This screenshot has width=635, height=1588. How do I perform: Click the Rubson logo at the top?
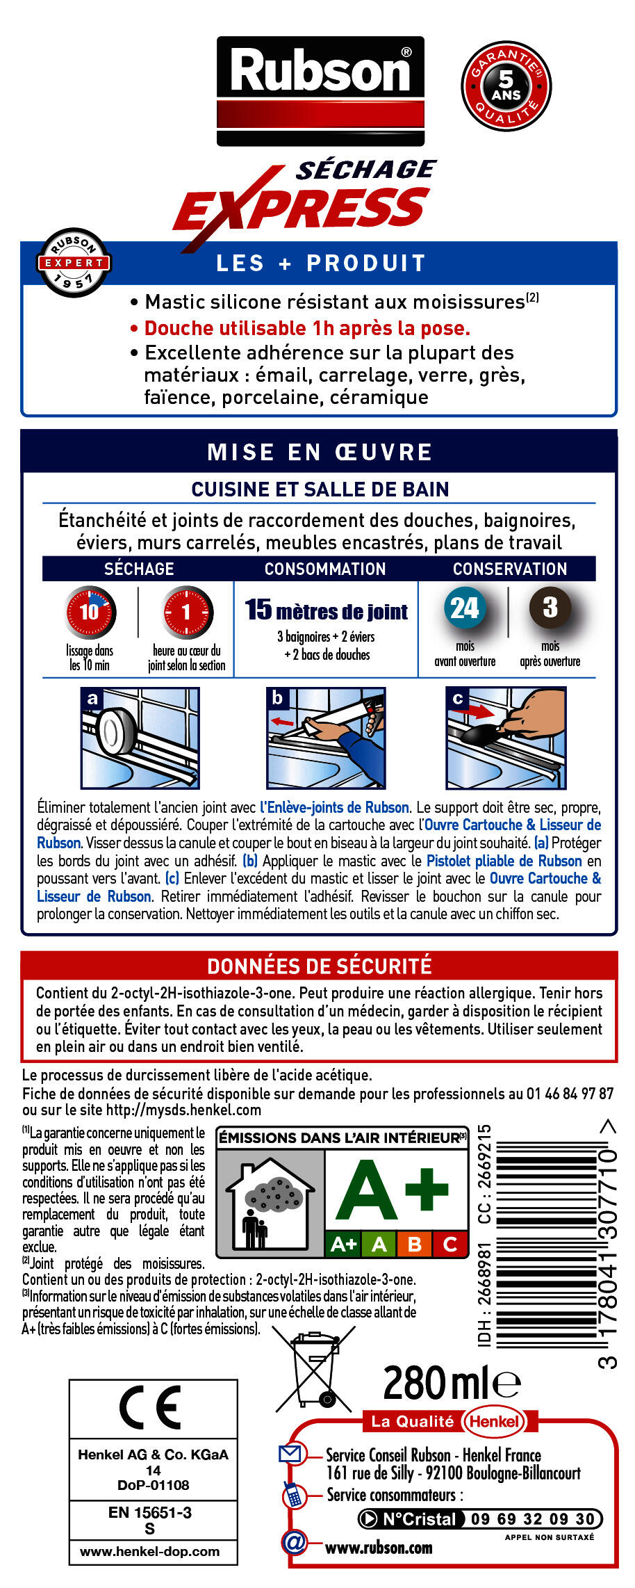pyautogui.click(x=320, y=90)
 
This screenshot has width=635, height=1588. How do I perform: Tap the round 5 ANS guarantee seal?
pyautogui.click(x=506, y=86)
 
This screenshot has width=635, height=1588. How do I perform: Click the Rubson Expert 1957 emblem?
pyautogui.click(x=74, y=263)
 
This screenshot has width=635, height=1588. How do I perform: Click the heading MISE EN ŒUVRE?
pyautogui.click(x=320, y=452)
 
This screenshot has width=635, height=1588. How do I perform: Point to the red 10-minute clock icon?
pyautogui.click(x=90, y=612)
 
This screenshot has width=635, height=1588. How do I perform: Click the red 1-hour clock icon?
pyautogui.click(x=187, y=612)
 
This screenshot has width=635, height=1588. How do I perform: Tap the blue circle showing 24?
pyautogui.click(x=465, y=608)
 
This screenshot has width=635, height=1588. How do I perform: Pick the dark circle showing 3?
pyautogui.click(x=550, y=607)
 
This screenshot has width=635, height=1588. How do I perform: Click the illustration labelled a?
pyautogui.click(x=140, y=738)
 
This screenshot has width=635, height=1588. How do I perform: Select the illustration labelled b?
pyautogui.click(x=326, y=738)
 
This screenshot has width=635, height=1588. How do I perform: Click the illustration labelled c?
pyautogui.click(x=506, y=738)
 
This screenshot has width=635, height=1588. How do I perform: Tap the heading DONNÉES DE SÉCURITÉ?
pyautogui.click(x=320, y=966)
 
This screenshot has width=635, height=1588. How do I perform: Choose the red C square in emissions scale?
pyautogui.click(x=450, y=1244)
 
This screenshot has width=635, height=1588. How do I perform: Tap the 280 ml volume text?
pyautogui.click(x=450, y=1383)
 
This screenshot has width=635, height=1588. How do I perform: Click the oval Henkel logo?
pyautogui.click(x=494, y=1421)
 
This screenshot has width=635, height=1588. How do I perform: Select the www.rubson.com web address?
pyautogui.click(x=379, y=1548)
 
